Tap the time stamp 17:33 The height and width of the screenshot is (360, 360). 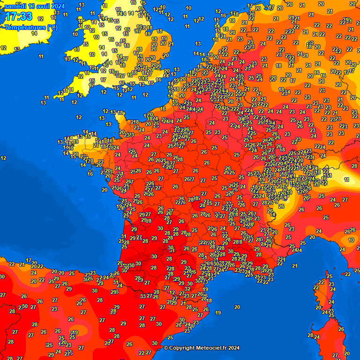[19, 17]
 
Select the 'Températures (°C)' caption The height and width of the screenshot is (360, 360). [31, 27]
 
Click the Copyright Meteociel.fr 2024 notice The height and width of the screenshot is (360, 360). [202, 348]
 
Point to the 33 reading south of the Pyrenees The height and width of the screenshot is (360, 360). [143, 296]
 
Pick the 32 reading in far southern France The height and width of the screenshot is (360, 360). [187, 289]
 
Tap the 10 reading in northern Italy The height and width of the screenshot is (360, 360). [352, 240]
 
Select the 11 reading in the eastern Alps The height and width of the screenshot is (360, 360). [346, 180]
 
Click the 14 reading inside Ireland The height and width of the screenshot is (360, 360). [34, 33]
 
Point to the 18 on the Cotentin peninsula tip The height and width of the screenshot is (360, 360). [120, 112]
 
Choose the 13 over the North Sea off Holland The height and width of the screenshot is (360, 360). [197, 44]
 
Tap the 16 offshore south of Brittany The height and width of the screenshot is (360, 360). [90, 173]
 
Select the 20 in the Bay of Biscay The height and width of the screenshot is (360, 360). [105, 190]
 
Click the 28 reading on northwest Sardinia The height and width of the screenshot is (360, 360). [310, 335]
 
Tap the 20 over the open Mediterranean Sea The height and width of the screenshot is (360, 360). [237, 307]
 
